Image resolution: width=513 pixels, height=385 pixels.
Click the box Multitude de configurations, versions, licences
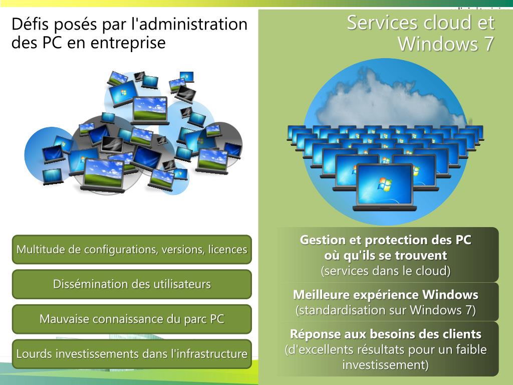pyautogui.click(x=132, y=249)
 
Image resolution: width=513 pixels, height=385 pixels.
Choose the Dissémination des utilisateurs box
pyautogui.click(x=132, y=284)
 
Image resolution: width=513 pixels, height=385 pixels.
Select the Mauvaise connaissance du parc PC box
pyautogui.click(x=132, y=319)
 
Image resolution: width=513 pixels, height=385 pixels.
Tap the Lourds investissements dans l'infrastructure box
pyautogui.click(x=132, y=354)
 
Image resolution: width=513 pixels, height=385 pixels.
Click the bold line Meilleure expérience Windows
pyautogui.click(x=385, y=294)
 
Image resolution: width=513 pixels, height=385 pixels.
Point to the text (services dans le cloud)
pyautogui.click(x=385, y=271)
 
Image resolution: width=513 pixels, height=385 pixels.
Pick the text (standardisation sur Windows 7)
pyautogui.click(x=385, y=310)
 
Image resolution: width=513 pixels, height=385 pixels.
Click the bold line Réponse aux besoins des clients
pyautogui.click(x=385, y=334)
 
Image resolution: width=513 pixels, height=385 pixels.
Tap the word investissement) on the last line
pyautogui.click(x=385, y=365)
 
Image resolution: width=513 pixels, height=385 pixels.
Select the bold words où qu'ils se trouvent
pyautogui.click(x=385, y=255)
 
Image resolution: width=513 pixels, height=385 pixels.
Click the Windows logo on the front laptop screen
pyautogui.click(x=385, y=184)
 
